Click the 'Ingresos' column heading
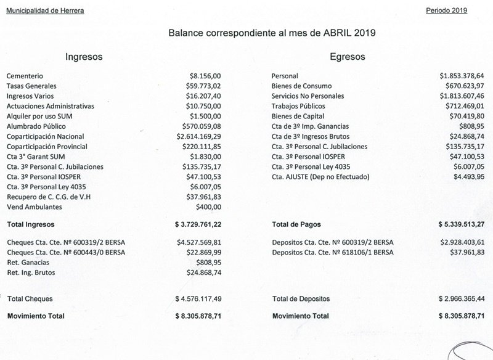pyautogui.click(x=84, y=57)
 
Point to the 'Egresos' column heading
pyautogui.click(x=348, y=57)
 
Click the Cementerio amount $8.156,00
pyautogui.click(x=203, y=76)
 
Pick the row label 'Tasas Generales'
pyautogui.click(x=31, y=86)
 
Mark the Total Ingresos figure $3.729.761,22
pyautogui.click(x=198, y=225)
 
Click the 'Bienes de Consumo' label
pyautogui.click(x=302, y=86)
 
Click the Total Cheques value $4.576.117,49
pyautogui.click(x=198, y=299)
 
